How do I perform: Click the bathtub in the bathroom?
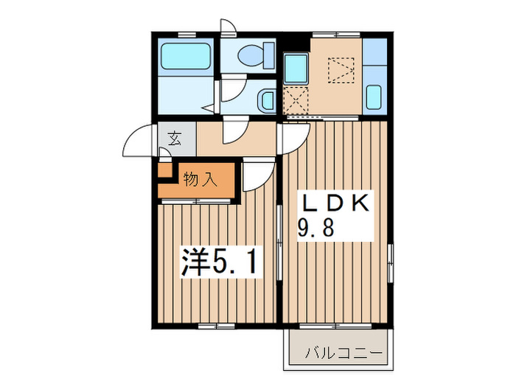(x=186, y=55)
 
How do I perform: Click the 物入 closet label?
(x=200, y=180)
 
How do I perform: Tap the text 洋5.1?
(x=218, y=262)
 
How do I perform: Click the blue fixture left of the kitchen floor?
(x=296, y=69)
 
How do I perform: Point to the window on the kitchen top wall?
(x=336, y=35)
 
